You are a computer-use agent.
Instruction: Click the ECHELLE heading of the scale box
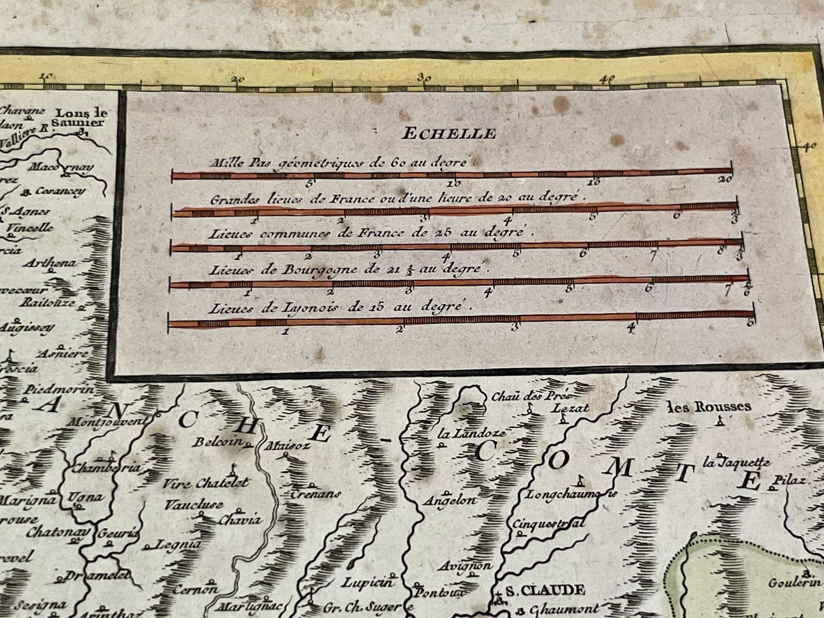[449, 134]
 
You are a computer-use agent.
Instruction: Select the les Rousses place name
[709, 406]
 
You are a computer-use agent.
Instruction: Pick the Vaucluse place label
[194, 505]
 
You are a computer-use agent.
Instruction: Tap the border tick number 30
[423, 78]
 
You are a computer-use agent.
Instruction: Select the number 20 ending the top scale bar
[725, 180]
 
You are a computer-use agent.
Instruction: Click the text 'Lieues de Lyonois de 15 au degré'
[340, 307]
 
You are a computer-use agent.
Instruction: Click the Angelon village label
[450, 501]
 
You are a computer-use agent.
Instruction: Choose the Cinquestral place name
[549, 524]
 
